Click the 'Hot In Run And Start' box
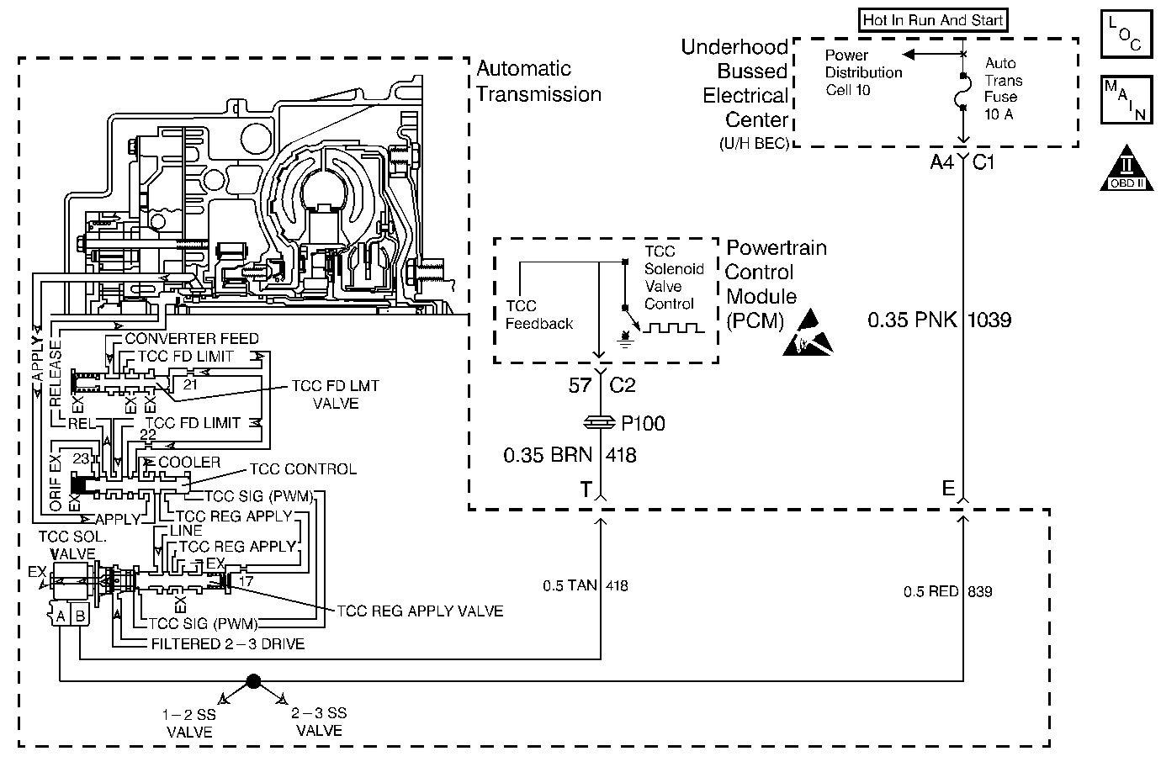tap(933, 20)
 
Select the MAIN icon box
tap(1124, 99)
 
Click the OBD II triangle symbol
tap(1124, 168)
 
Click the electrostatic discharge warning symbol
tap(808, 333)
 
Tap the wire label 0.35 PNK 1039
tap(939, 320)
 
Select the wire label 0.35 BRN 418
tap(570, 456)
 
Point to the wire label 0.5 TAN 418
tap(586, 585)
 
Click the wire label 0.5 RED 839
tap(947, 592)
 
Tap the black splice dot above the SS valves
tap(253, 680)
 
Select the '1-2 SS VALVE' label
tap(189, 723)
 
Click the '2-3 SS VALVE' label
tap(320, 722)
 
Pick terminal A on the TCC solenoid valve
tap(60, 616)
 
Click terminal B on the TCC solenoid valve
tap(80, 616)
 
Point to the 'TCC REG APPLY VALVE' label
tap(420, 611)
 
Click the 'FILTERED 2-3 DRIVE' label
tap(228, 644)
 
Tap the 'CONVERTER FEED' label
tap(192, 339)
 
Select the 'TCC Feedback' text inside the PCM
tap(539, 315)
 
